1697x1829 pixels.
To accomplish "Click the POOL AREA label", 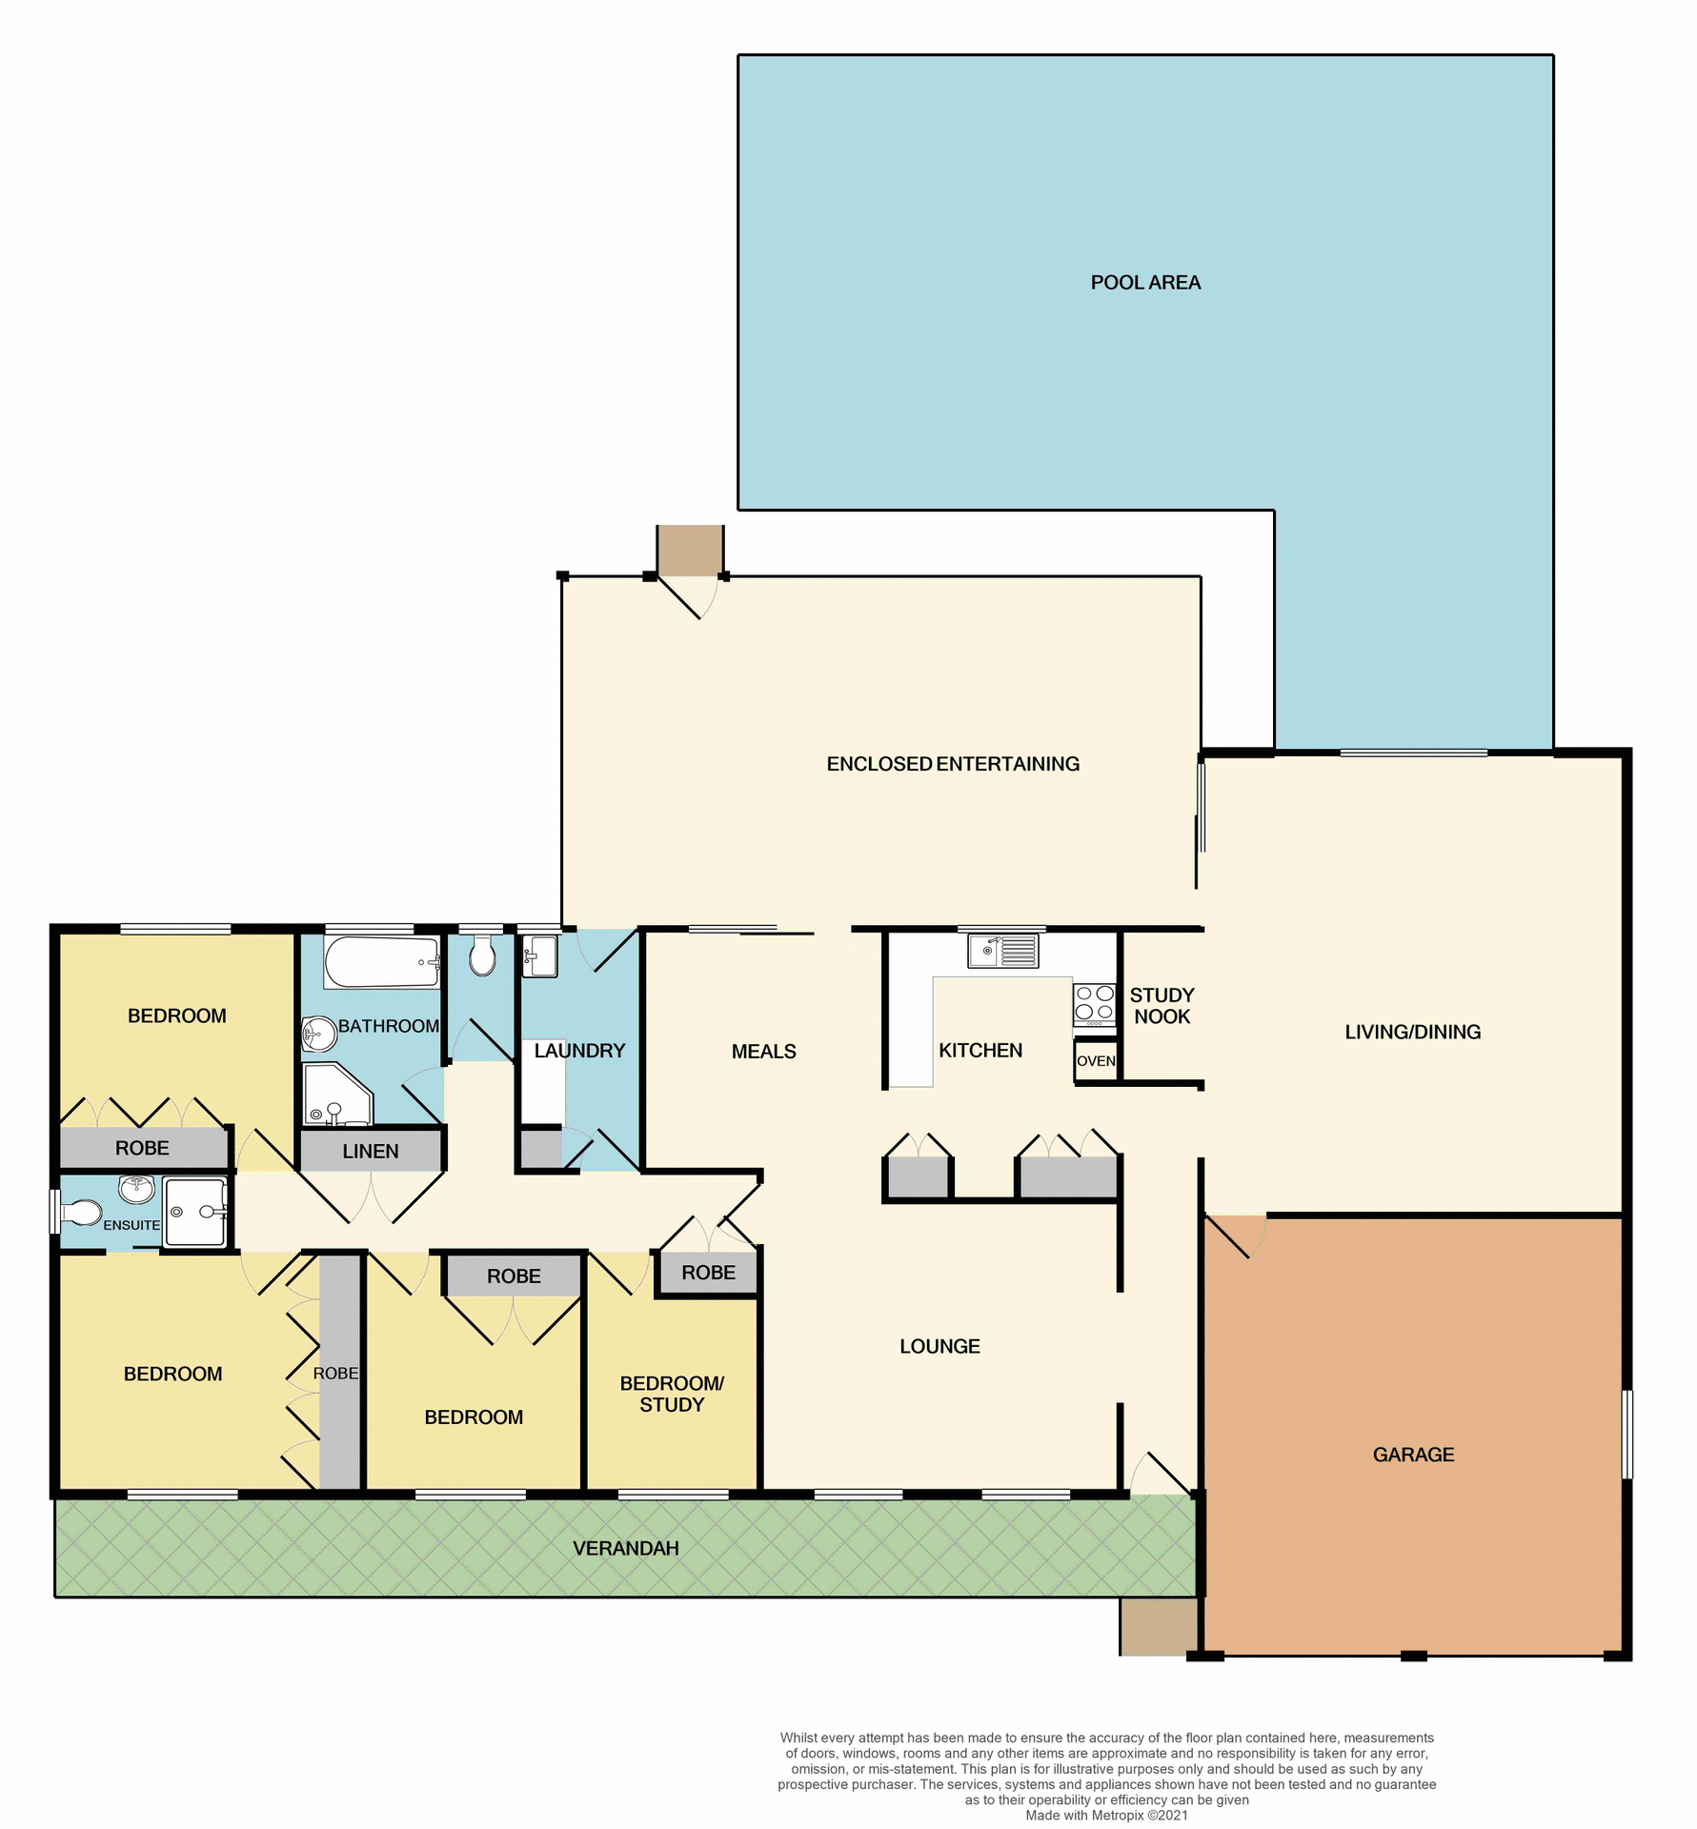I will [x=1144, y=282].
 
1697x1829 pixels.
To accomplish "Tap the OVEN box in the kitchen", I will [x=1095, y=1061].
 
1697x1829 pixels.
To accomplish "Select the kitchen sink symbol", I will [x=1002, y=951].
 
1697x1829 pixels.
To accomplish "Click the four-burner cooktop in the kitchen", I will [x=1094, y=1002].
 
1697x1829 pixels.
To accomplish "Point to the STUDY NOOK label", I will [x=1161, y=1005].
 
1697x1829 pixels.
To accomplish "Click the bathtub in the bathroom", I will [x=381, y=962].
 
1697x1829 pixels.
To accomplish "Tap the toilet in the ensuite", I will [x=83, y=1213].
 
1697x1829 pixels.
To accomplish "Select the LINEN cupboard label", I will [x=370, y=1151].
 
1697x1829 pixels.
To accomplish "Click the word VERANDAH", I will [x=625, y=1548].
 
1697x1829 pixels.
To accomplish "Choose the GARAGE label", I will [x=1412, y=1455].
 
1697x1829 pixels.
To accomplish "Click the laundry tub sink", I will [x=540, y=955].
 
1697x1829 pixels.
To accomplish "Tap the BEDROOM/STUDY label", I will [x=671, y=1394].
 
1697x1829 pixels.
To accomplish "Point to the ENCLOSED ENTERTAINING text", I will [x=952, y=764].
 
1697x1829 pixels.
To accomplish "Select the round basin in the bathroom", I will [x=318, y=1034].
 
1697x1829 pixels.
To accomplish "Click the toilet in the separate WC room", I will [x=482, y=955].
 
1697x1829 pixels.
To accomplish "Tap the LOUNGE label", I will [x=939, y=1346].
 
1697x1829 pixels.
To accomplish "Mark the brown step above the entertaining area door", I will [x=689, y=550].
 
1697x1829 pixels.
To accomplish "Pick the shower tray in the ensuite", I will [x=195, y=1212].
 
